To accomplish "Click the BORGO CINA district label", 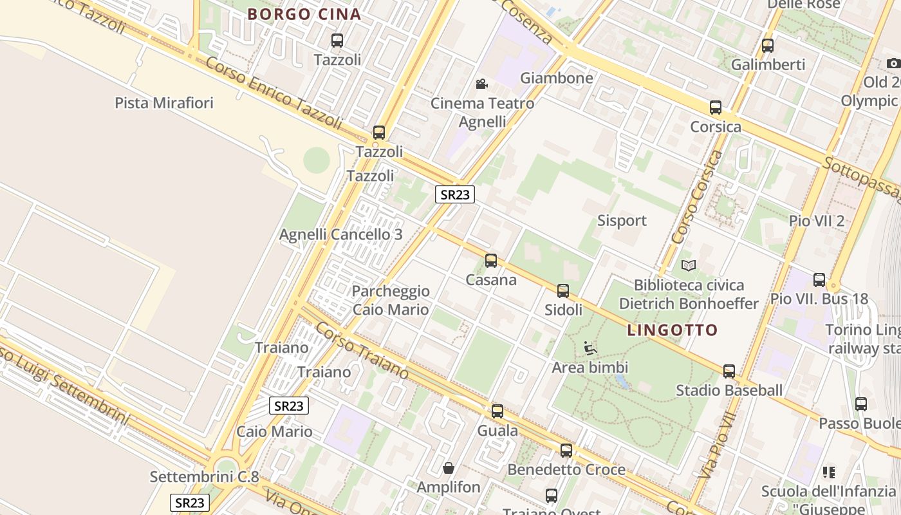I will point(304,14).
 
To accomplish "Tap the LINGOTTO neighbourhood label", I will point(672,330).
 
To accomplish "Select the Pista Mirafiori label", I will point(163,102).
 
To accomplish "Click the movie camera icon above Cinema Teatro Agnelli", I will point(481,84).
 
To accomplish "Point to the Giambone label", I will point(556,78).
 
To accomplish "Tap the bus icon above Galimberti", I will point(767,46).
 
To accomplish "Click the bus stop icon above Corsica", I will point(715,108).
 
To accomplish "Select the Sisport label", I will point(621,220).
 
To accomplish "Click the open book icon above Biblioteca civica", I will point(688,265).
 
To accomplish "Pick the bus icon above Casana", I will point(491,261).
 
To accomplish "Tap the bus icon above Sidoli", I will point(563,291).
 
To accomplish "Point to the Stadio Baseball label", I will point(729,389).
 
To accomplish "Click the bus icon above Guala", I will point(497,411).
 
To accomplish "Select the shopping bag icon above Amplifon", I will point(449,468).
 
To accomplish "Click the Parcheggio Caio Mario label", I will point(390,300).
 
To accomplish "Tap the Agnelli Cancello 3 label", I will point(340,234).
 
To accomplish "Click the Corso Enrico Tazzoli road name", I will point(274,93).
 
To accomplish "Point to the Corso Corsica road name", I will point(697,197).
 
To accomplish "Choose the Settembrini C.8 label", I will point(204,477).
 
